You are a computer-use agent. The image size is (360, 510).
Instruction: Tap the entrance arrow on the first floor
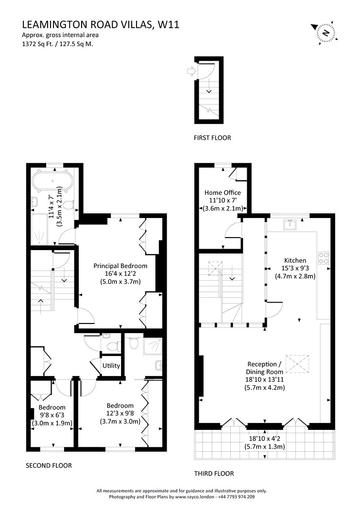click(191, 71)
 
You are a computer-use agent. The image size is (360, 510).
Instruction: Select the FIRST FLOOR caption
click(212, 137)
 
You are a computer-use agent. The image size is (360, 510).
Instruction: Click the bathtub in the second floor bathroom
click(51, 181)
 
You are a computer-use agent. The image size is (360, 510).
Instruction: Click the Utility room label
click(111, 366)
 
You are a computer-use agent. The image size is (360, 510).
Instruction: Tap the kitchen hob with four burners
click(324, 258)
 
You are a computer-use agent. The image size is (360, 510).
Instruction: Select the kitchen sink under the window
click(290, 224)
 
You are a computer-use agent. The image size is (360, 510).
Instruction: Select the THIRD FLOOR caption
click(214, 474)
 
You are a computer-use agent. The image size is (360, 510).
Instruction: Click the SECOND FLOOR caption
click(49, 465)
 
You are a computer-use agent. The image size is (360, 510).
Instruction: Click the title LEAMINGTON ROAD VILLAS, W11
click(101, 25)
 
